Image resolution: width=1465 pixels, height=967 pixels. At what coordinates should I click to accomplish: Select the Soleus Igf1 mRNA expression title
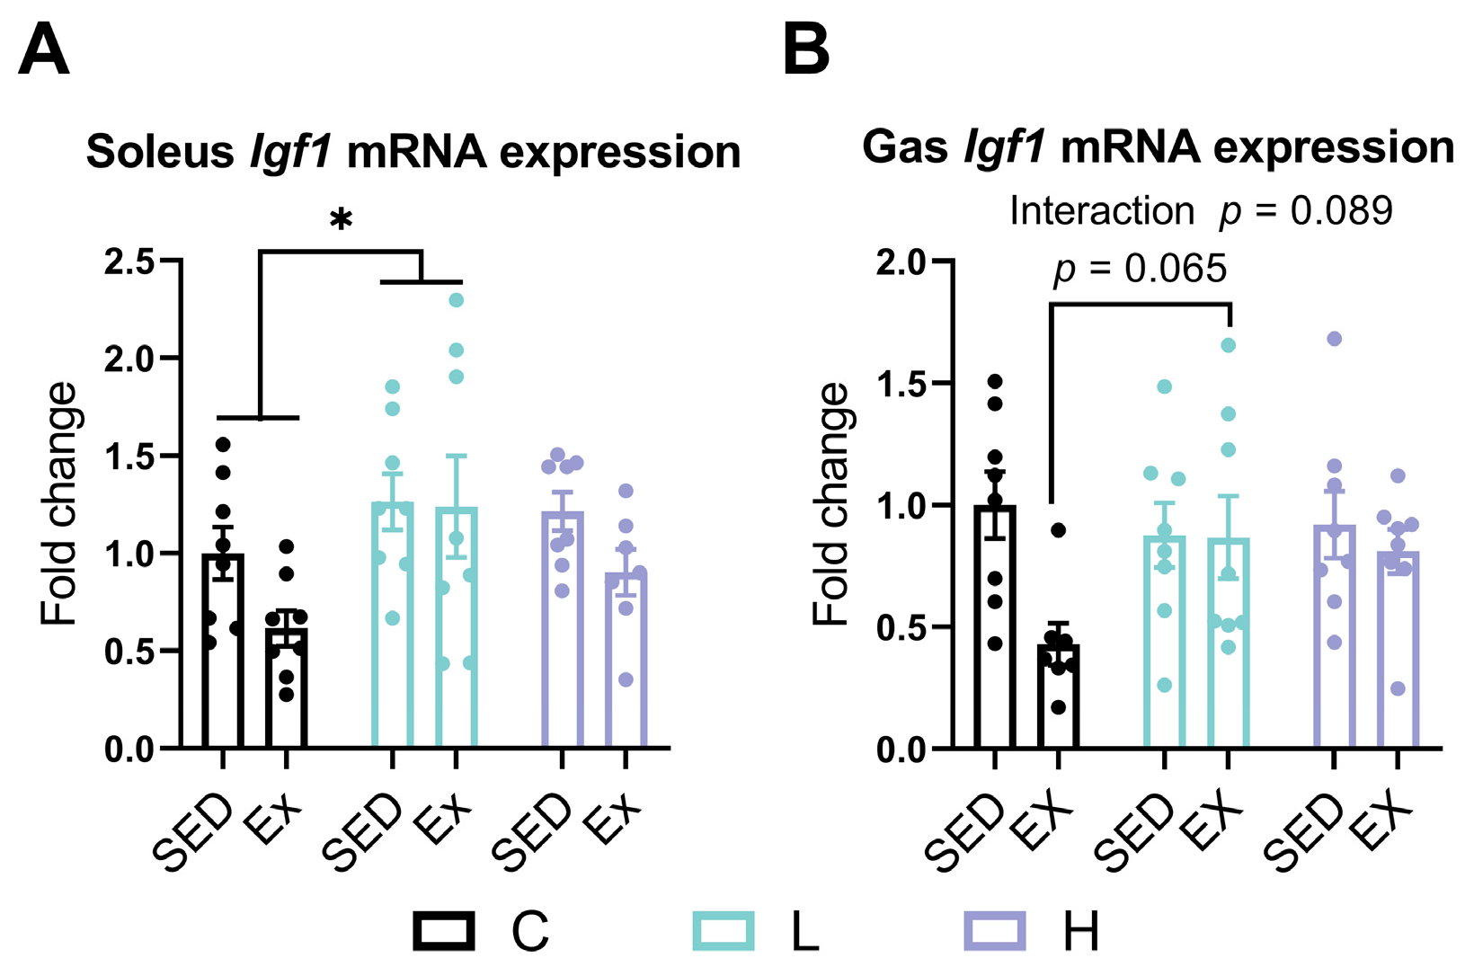point(413,153)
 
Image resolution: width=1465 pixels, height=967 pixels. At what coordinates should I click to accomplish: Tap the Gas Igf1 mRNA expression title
point(1158,147)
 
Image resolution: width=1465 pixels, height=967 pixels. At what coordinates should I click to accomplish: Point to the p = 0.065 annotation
point(1140,269)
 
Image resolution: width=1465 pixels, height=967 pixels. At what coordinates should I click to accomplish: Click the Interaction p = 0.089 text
point(1201,211)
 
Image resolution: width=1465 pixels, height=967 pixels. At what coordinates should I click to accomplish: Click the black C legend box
point(444,931)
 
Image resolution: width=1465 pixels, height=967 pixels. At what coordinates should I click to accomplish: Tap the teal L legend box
point(724,931)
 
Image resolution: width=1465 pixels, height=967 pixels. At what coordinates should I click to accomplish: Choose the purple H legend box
point(994,931)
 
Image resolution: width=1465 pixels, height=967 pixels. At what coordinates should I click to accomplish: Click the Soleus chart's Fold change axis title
point(59,503)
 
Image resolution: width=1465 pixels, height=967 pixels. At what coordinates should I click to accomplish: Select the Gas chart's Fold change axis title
point(830,503)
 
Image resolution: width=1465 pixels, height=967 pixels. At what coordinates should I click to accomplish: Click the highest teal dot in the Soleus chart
point(456,300)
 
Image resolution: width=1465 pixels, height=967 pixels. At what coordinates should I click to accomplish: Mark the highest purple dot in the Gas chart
point(1335,339)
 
